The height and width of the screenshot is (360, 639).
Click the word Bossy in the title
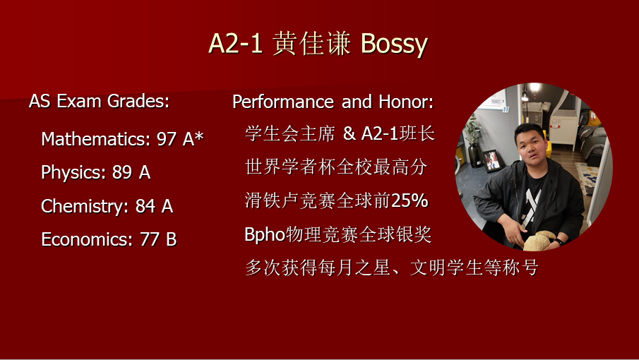pyautogui.click(x=394, y=44)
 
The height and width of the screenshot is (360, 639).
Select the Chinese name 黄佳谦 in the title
pyautogui.click(x=312, y=44)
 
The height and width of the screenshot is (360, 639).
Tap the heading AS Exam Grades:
pyautogui.click(x=99, y=101)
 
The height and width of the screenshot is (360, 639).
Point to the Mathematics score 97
pyautogui.click(x=167, y=139)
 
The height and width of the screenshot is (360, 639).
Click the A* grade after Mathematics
pyautogui.click(x=193, y=138)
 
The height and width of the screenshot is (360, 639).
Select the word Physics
pyautogui.click(x=70, y=173)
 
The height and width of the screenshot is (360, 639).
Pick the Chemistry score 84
pyautogui.click(x=145, y=206)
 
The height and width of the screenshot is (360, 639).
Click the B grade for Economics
pyautogui.click(x=172, y=239)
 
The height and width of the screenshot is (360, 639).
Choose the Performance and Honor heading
pyautogui.click(x=333, y=102)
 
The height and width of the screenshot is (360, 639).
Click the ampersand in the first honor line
pyautogui.click(x=349, y=133)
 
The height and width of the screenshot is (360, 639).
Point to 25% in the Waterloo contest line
pyautogui.click(x=409, y=200)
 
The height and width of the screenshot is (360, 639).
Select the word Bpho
pyautogui.click(x=265, y=235)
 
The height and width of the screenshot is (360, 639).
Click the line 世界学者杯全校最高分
pyautogui.click(x=336, y=167)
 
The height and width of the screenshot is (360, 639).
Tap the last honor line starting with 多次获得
pyautogui.click(x=392, y=268)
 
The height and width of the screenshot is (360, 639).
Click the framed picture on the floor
pyautogui.click(x=491, y=160)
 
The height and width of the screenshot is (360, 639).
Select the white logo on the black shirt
pyautogui.click(x=532, y=206)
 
